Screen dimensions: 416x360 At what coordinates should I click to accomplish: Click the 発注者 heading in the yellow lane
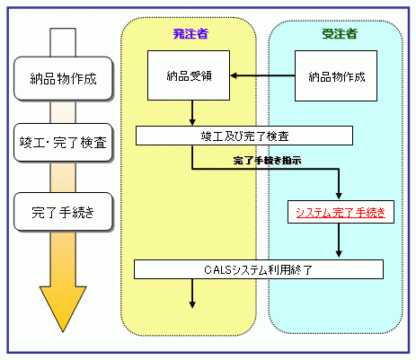190,34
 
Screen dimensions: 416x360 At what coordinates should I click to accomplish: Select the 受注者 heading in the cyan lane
340,34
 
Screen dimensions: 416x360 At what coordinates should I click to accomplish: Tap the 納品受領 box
189,75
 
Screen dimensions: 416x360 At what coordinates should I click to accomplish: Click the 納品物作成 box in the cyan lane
336,76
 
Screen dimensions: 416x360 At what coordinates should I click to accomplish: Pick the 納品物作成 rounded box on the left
63,78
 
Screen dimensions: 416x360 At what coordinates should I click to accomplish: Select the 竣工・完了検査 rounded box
63,143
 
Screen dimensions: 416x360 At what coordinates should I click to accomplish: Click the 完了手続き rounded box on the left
63,212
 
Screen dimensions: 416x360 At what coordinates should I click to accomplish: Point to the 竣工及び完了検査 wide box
244,136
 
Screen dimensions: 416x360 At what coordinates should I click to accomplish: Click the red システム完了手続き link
341,213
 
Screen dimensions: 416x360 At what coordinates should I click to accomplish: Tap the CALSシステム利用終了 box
259,269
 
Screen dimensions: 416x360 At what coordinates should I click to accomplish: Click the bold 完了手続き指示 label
267,161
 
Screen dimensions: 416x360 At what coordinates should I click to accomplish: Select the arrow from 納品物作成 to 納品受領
262,75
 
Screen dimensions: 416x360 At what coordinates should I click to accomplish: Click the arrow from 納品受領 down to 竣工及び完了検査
192,113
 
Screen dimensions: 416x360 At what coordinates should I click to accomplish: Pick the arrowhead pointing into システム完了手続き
339,196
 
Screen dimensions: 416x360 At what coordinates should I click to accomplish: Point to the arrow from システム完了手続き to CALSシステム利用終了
339,241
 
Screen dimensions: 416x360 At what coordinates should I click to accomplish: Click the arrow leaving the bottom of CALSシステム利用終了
192,294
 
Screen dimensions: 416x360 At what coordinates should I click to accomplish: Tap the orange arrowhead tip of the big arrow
63,331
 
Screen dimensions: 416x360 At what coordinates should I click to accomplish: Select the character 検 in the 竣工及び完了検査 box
272,136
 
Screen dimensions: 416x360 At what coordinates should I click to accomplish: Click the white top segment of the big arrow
63,42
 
